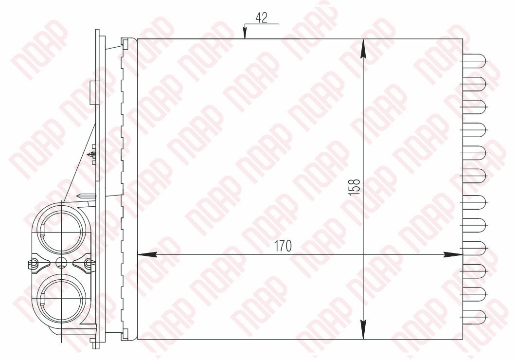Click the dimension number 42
262,18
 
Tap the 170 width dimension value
283,246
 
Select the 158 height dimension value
354,187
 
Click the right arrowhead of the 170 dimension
453,254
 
